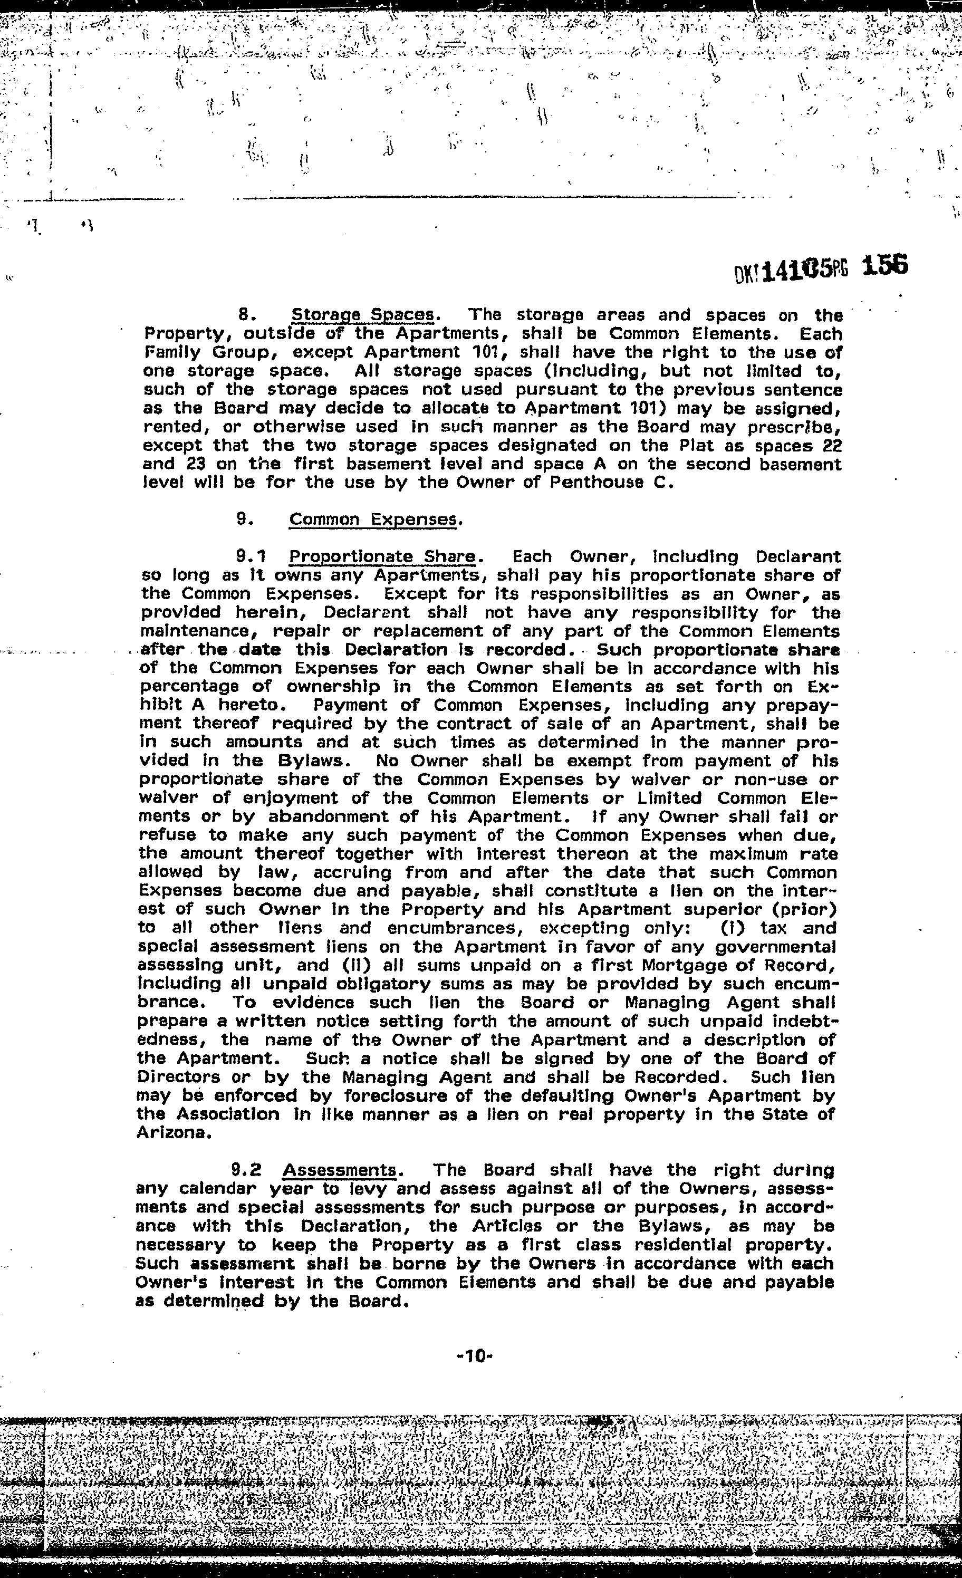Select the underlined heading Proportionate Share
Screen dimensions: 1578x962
click(382, 556)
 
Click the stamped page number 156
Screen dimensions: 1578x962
click(884, 265)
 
